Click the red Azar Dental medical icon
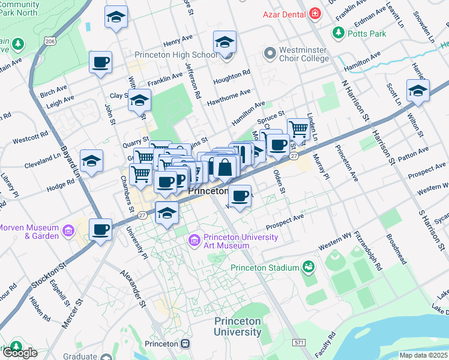(x=314, y=13)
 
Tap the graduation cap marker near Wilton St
(x=418, y=91)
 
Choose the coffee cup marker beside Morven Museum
(x=100, y=229)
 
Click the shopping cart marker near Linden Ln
(x=298, y=128)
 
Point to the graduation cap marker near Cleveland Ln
(x=91, y=161)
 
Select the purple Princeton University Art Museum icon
(x=194, y=241)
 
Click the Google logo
(x=19, y=353)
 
